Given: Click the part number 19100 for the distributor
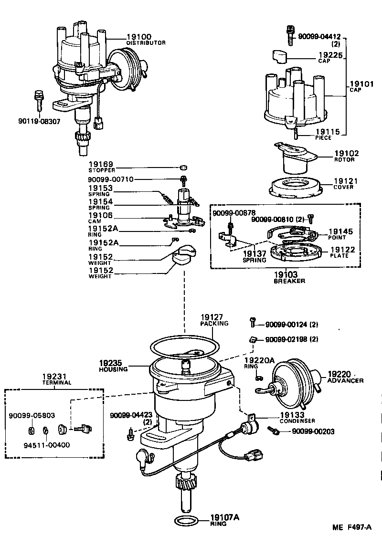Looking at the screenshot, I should [139, 36].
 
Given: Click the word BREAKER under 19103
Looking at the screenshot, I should [289, 281].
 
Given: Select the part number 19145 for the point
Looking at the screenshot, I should [340, 231].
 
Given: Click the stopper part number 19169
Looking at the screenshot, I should [101, 164].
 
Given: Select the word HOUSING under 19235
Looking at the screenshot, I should [113, 369].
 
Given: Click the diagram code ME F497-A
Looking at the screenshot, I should [352, 527].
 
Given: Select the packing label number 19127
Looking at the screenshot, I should [212, 317].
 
